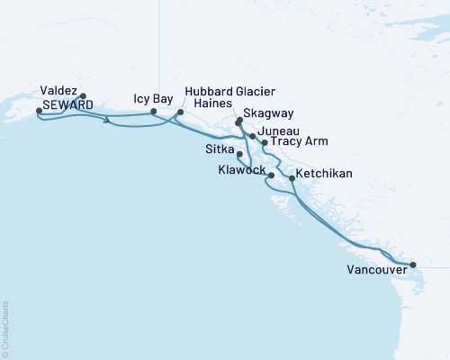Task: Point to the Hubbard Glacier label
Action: pos(229,93)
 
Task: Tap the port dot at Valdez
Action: pos(83,95)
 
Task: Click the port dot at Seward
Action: pos(39,111)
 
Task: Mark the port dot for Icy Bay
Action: pos(153,111)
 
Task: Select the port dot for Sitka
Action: pos(239,154)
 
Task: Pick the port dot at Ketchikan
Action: pos(291,179)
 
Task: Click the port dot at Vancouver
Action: pos(413,265)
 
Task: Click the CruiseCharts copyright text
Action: pos(5,323)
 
